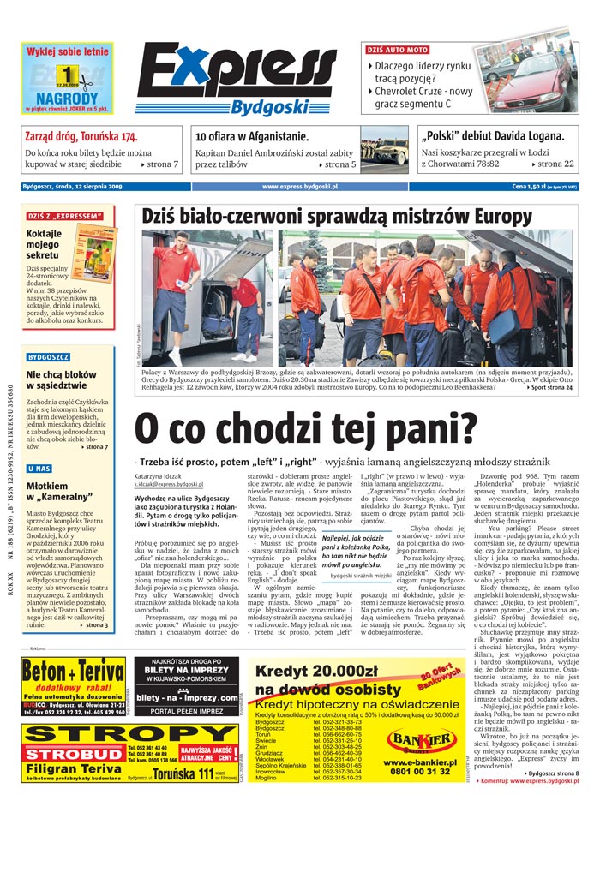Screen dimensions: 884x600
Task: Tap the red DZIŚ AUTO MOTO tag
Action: tap(398, 50)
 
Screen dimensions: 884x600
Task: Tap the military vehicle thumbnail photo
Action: tap(383, 151)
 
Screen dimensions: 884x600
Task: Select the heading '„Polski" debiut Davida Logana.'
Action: tap(492, 136)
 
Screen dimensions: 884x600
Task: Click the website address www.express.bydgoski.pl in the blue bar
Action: tap(300, 186)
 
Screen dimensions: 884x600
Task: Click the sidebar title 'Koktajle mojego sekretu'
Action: tap(44, 243)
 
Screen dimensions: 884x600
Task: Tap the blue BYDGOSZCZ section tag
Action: tap(48, 356)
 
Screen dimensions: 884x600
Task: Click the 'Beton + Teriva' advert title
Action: tap(74, 671)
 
